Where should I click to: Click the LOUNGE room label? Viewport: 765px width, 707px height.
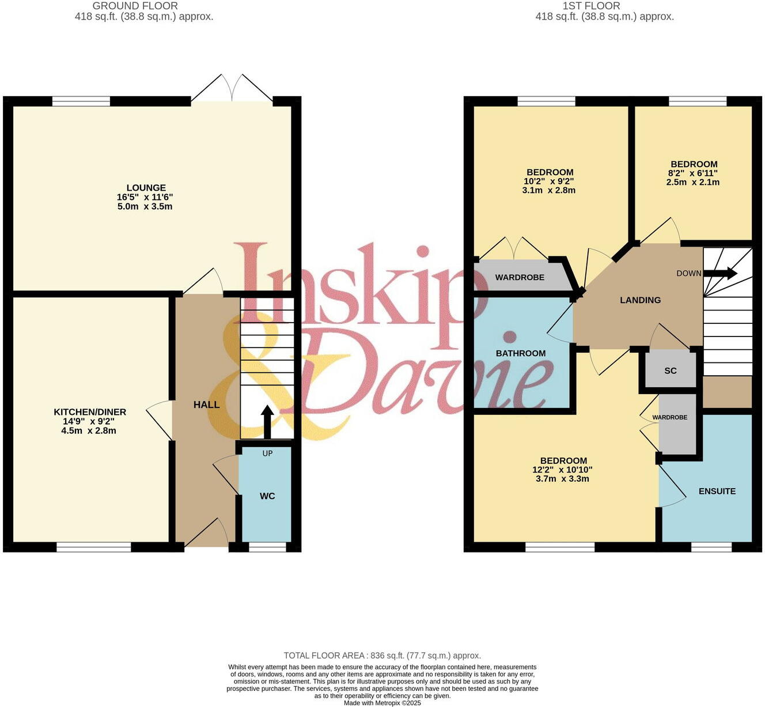(146, 188)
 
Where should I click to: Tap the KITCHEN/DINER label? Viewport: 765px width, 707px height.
(90, 412)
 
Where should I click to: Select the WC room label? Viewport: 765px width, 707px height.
(267, 496)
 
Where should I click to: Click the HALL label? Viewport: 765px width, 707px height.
(206, 404)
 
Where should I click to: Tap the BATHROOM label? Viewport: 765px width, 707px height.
(521, 353)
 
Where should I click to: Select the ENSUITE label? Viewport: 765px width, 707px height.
(717, 491)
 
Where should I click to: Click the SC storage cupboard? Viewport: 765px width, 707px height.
(671, 370)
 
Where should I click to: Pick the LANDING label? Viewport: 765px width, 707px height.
(640, 300)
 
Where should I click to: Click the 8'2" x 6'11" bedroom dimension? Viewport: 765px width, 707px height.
(693, 173)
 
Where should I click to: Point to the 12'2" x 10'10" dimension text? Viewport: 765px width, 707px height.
(562, 470)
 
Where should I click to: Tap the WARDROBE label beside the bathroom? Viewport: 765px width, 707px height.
(520, 277)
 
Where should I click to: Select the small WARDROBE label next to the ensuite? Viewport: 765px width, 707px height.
(669, 417)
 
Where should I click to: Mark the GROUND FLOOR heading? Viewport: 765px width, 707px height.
(135, 6)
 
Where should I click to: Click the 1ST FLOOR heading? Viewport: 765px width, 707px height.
(591, 6)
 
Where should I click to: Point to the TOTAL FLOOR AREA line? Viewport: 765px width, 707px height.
(382, 656)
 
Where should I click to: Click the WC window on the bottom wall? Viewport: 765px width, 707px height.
(267, 547)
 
